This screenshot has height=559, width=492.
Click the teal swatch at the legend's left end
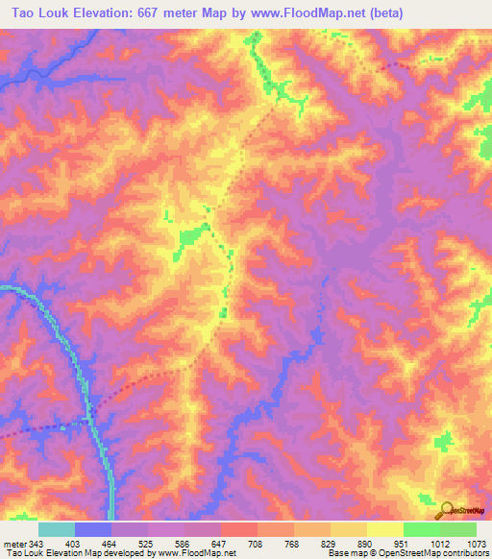pyautogui.click(x=57, y=529)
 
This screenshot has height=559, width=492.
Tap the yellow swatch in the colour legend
pyautogui.click(x=384, y=529)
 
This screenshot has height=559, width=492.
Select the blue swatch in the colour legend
pyautogui.click(x=93, y=529)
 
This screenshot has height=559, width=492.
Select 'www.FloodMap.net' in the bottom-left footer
pyautogui.click(x=193, y=553)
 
